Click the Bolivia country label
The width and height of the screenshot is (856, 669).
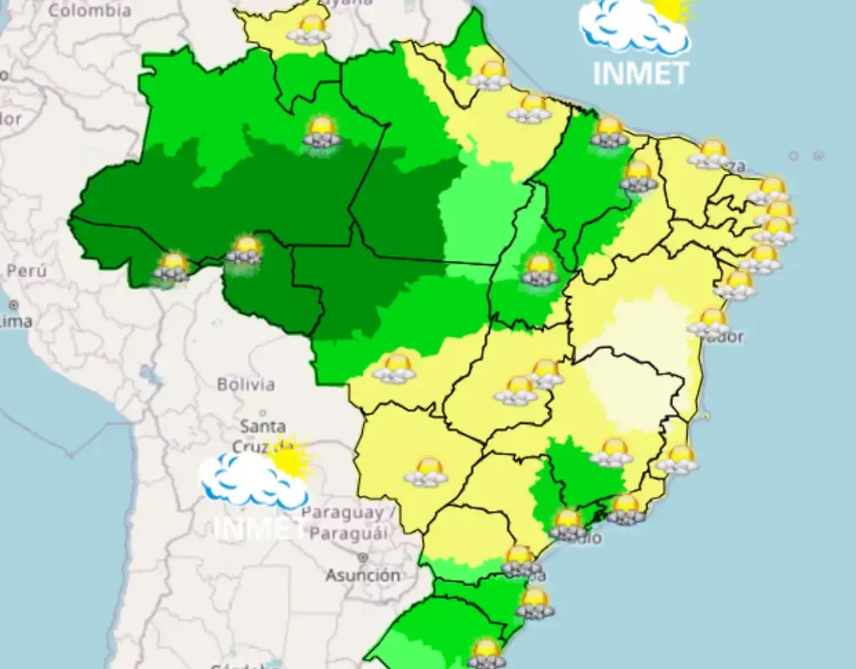246,385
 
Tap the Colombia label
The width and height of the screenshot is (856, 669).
90,10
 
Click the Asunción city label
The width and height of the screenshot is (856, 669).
363,575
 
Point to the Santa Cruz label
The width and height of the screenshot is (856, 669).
262,437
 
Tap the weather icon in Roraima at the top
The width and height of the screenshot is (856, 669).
308,29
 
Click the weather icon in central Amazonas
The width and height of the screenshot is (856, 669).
323,132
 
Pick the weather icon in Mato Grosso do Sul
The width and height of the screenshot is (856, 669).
426,472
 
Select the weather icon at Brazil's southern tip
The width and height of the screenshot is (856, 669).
486,653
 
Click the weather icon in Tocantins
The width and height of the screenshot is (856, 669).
540,270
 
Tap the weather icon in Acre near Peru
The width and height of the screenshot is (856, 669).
173,267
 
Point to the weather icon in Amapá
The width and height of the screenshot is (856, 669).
489,74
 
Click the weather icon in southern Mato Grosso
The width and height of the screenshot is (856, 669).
395,368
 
